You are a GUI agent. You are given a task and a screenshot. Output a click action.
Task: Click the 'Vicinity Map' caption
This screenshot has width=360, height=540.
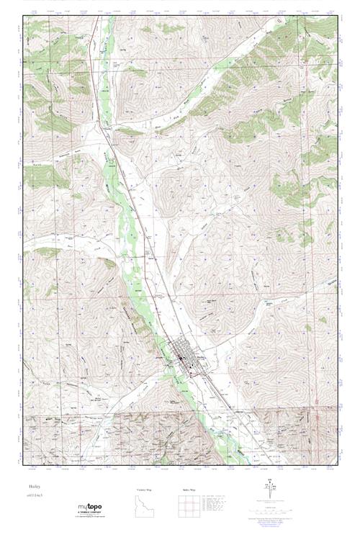[x=145, y=490]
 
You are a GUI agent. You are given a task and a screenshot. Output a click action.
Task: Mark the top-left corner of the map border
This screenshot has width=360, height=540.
[x=22, y=16]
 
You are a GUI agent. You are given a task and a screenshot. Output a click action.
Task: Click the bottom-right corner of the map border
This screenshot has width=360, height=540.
[x=337, y=465]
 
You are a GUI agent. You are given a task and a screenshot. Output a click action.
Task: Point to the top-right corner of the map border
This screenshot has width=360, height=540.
[x=337, y=16]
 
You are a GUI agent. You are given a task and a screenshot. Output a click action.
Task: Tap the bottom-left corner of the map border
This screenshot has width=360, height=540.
[x=22, y=465]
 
